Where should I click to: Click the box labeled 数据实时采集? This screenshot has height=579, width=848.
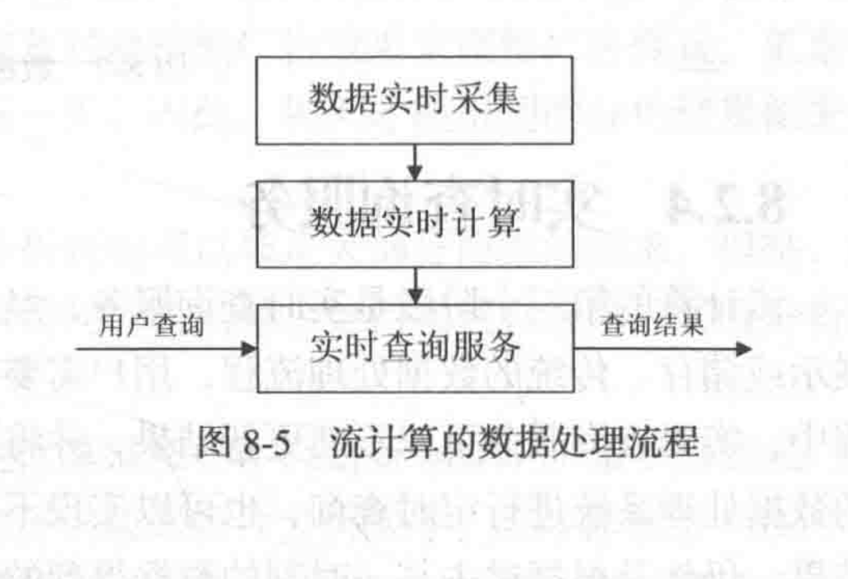414,100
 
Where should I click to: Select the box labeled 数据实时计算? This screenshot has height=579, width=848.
414,223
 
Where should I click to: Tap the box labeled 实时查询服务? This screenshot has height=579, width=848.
414,347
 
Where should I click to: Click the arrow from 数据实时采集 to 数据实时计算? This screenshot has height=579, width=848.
415,162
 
